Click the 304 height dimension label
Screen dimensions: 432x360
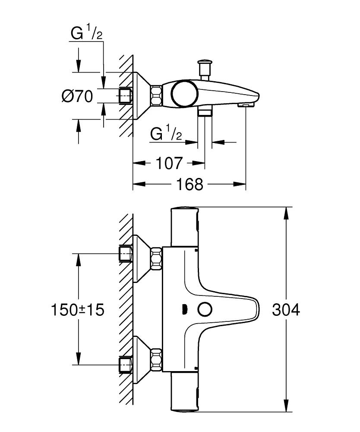click(286, 310)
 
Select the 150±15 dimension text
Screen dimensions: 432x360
click(78, 310)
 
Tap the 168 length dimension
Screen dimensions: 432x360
click(189, 184)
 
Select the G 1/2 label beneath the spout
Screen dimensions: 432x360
click(167, 134)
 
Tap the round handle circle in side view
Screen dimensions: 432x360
click(185, 94)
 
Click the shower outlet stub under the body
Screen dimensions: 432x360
click(205, 112)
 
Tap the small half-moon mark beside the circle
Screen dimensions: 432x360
click(184, 310)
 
